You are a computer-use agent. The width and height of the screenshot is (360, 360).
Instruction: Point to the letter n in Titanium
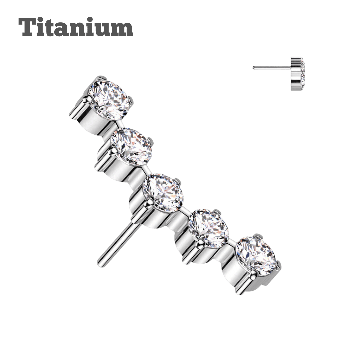pyautogui.click(x=81, y=29)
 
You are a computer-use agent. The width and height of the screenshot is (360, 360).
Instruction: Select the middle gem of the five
pyautogui.click(x=163, y=192)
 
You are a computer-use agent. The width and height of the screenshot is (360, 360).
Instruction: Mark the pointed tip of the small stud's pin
pyautogui.click(x=254, y=68)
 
